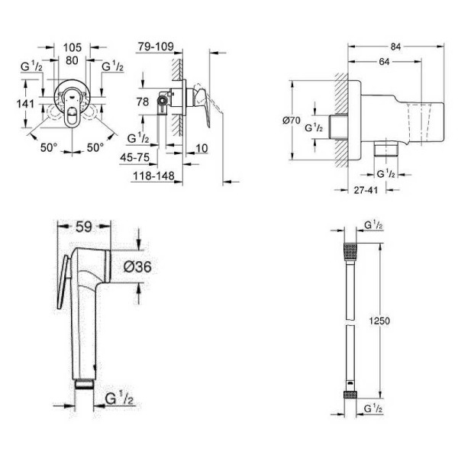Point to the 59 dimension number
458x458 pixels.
click(84, 227)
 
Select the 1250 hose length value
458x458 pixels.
click(379, 321)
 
